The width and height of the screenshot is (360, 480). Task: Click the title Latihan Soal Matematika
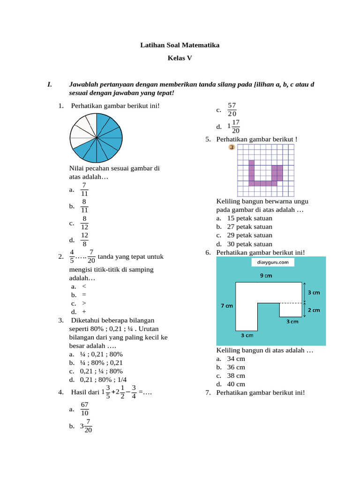[180, 45]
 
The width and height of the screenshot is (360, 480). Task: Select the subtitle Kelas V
[180, 58]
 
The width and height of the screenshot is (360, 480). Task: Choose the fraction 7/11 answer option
[84, 190]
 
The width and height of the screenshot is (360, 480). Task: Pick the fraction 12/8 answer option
[84, 240]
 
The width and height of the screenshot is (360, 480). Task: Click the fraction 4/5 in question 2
[72, 256]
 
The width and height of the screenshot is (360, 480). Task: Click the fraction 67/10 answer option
[84, 409]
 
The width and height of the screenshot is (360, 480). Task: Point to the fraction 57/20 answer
[232, 110]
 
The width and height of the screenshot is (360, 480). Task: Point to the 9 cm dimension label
[266, 276]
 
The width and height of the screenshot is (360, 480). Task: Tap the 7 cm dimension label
[227, 306]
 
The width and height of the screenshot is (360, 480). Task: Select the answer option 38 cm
[236, 375]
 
